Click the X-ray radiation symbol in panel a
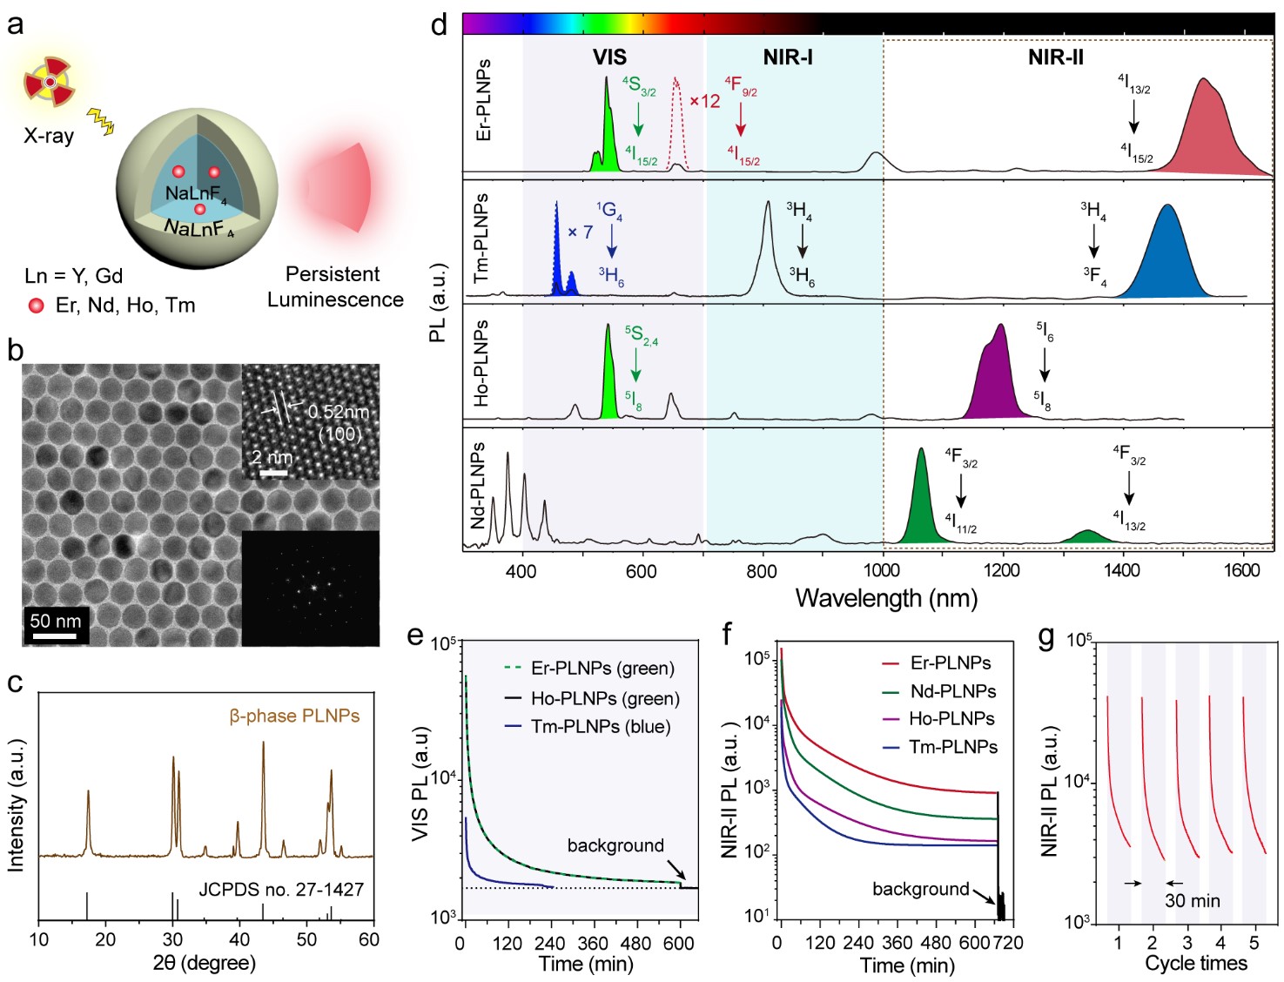click(50, 81)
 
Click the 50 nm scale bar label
click(55, 621)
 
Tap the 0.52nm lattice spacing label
click(339, 411)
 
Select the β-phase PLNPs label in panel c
click(294, 716)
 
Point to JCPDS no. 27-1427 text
click(281, 889)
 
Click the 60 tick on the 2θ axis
click(369, 939)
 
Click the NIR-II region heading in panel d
click(1055, 57)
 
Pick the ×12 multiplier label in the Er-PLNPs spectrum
click(705, 101)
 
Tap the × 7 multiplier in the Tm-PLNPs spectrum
click(580, 232)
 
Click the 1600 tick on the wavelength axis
click(1241, 570)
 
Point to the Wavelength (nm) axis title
click(885, 598)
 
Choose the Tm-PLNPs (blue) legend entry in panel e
click(601, 727)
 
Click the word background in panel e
click(615, 845)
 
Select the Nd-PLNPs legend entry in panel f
click(952, 691)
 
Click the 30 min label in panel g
click(1192, 901)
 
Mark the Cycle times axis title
click(1195, 963)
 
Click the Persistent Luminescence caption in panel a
click(335, 286)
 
